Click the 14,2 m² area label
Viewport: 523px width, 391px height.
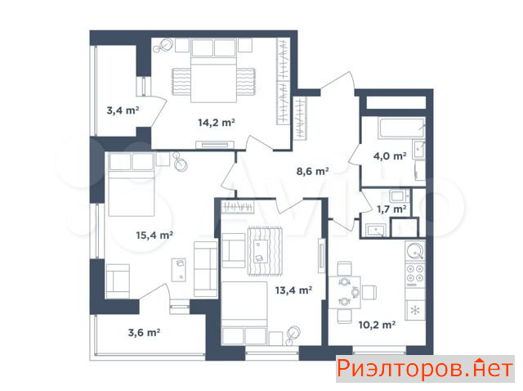pyautogui.click(x=217, y=123)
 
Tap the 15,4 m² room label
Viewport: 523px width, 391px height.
pyautogui.click(x=154, y=235)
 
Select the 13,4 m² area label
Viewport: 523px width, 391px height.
pyautogui.click(x=293, y=290)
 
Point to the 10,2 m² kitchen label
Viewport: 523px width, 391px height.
pyautogui.click(x=377, y=325)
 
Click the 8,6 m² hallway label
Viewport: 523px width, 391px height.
pyautogui.click(x=312, y=171)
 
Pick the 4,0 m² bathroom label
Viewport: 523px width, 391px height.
pyautogui.click(x=390, y=156)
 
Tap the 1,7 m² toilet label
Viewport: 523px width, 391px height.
pyautogui.click(x=391, y=209)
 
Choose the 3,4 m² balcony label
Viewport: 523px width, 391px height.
pyautogui.click(x=123, y=110)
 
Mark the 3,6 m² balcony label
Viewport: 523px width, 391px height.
pyautogui.click(x=144, y=333)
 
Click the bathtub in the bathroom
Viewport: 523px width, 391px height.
pyautogui.click(x=401, y=128)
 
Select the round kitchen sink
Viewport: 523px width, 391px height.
pyautogui.click(x=415, y=250)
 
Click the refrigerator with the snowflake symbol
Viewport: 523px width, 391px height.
pyautogui.click(x=415, y=311)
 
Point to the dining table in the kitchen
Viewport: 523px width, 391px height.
pyautogui.click(x=345, y=293)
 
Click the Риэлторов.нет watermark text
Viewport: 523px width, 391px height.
pyautogui.click(x=425, y=369)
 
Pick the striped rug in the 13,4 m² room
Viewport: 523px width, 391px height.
pyautogui.click(x=265, y=251)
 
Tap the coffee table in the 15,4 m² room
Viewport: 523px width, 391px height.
pyautogui.click(x=179, y=270)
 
